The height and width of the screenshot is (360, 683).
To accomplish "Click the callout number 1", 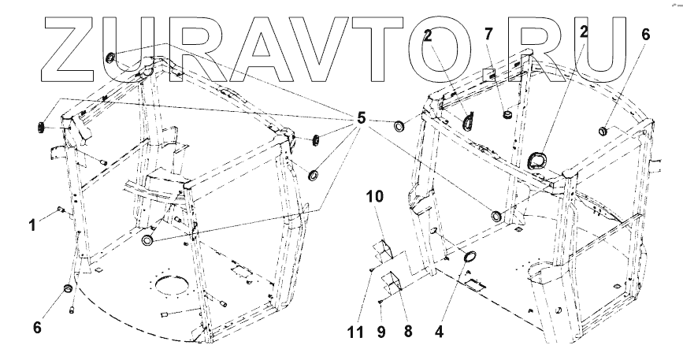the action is pos(33,224).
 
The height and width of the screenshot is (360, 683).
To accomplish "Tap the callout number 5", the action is pos(361,119).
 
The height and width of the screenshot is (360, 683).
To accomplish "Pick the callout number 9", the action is pos(381,332).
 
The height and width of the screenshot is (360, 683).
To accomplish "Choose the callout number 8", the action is pos(406,332).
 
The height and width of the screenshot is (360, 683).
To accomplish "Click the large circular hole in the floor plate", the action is pos(169,281).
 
